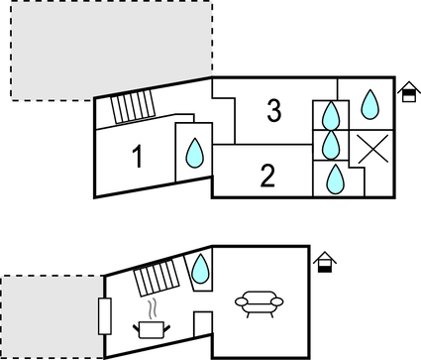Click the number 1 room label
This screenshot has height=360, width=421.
[138, 157]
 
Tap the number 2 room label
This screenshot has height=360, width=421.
[266, 177]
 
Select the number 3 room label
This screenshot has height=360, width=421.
[274, 111]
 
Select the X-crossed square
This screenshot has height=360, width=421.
[370, 148]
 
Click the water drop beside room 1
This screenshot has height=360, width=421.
[194, 152]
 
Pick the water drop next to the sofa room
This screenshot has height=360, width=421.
[201, 266]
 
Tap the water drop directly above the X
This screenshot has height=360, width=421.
[370, 102]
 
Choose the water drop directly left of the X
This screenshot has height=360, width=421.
[331, 146]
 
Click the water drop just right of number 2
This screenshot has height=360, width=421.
[335, 179]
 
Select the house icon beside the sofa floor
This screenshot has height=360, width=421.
[324, 262]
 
